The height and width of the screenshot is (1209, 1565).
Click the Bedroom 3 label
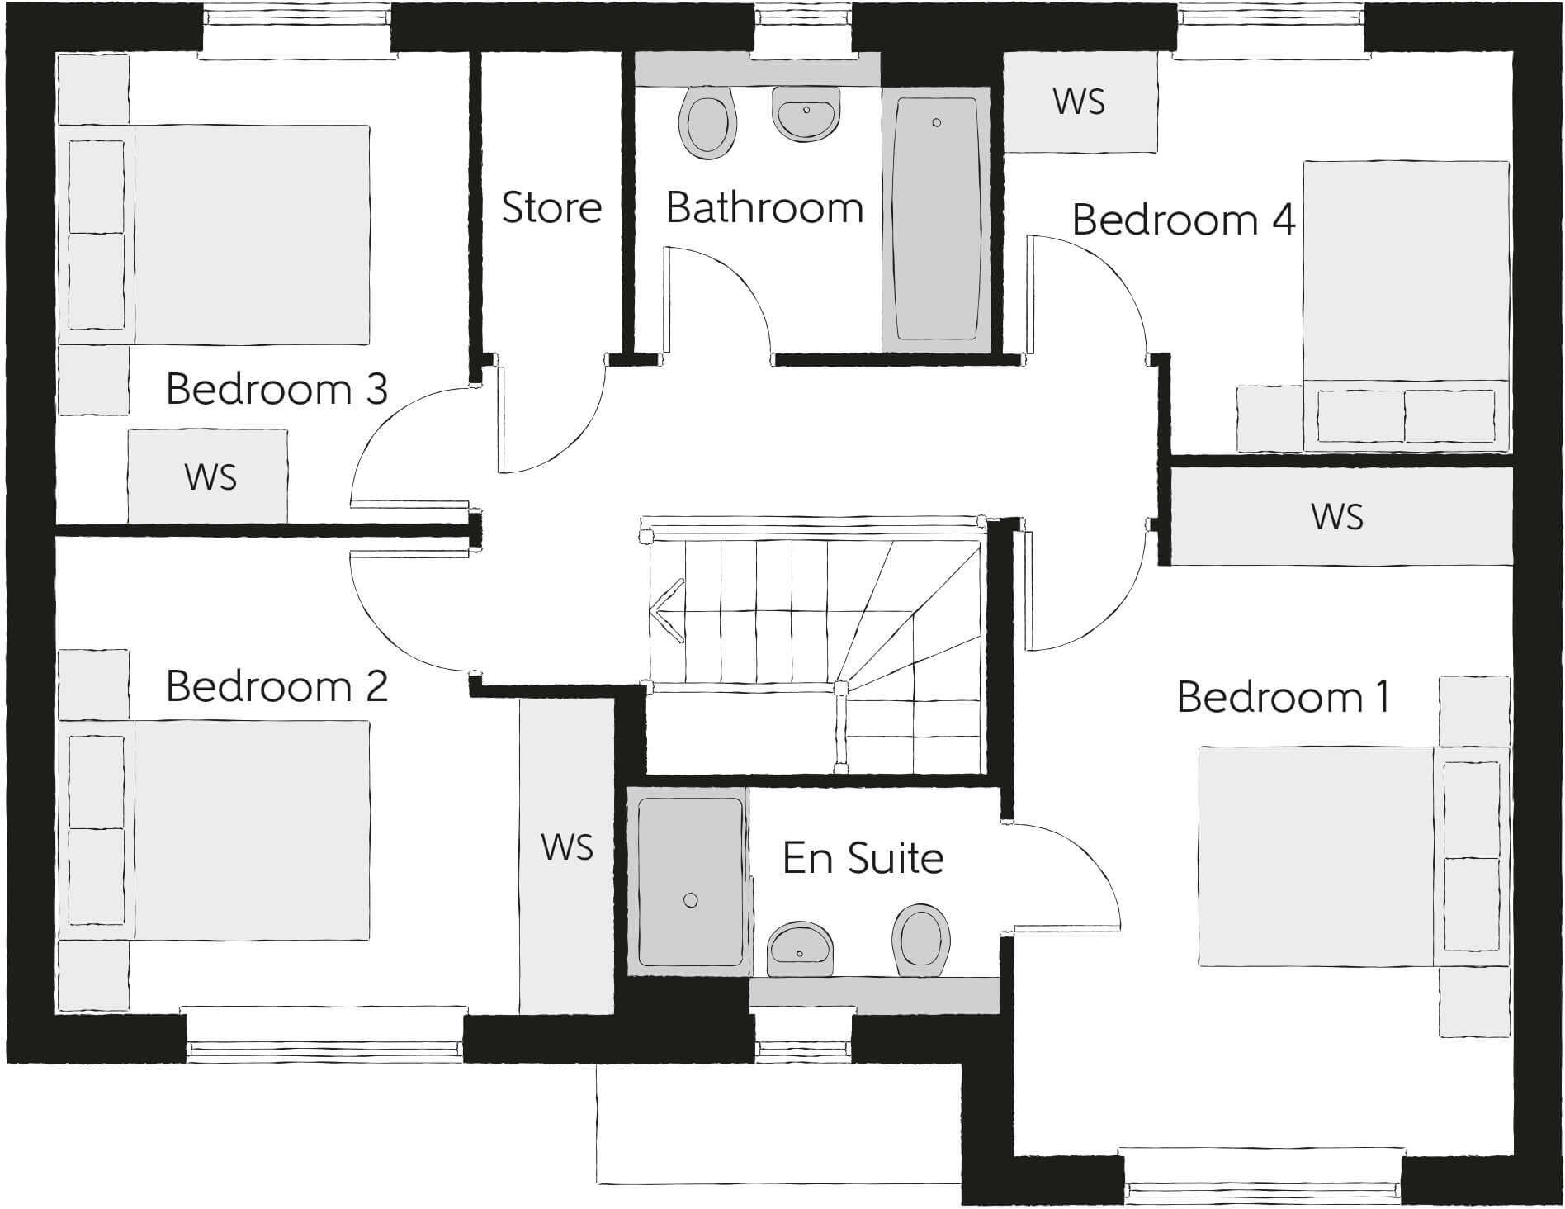(x=277, y=389)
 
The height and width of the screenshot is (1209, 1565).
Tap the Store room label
(x=551, y=207)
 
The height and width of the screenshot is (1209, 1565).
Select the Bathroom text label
(x=764, y=207)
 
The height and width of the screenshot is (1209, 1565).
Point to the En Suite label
(x=863, y=858)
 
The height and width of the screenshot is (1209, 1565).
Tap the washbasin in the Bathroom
(x=806, y=114)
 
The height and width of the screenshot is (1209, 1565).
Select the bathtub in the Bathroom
(x=936, y=219)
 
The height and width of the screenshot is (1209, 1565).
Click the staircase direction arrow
(x=667, y=612)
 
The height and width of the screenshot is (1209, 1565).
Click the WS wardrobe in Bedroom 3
(x=210, y=477)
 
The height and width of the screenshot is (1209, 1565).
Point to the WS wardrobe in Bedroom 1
(x=1337, y=517)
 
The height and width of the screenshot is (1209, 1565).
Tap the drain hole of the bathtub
(x=936, y=123)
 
